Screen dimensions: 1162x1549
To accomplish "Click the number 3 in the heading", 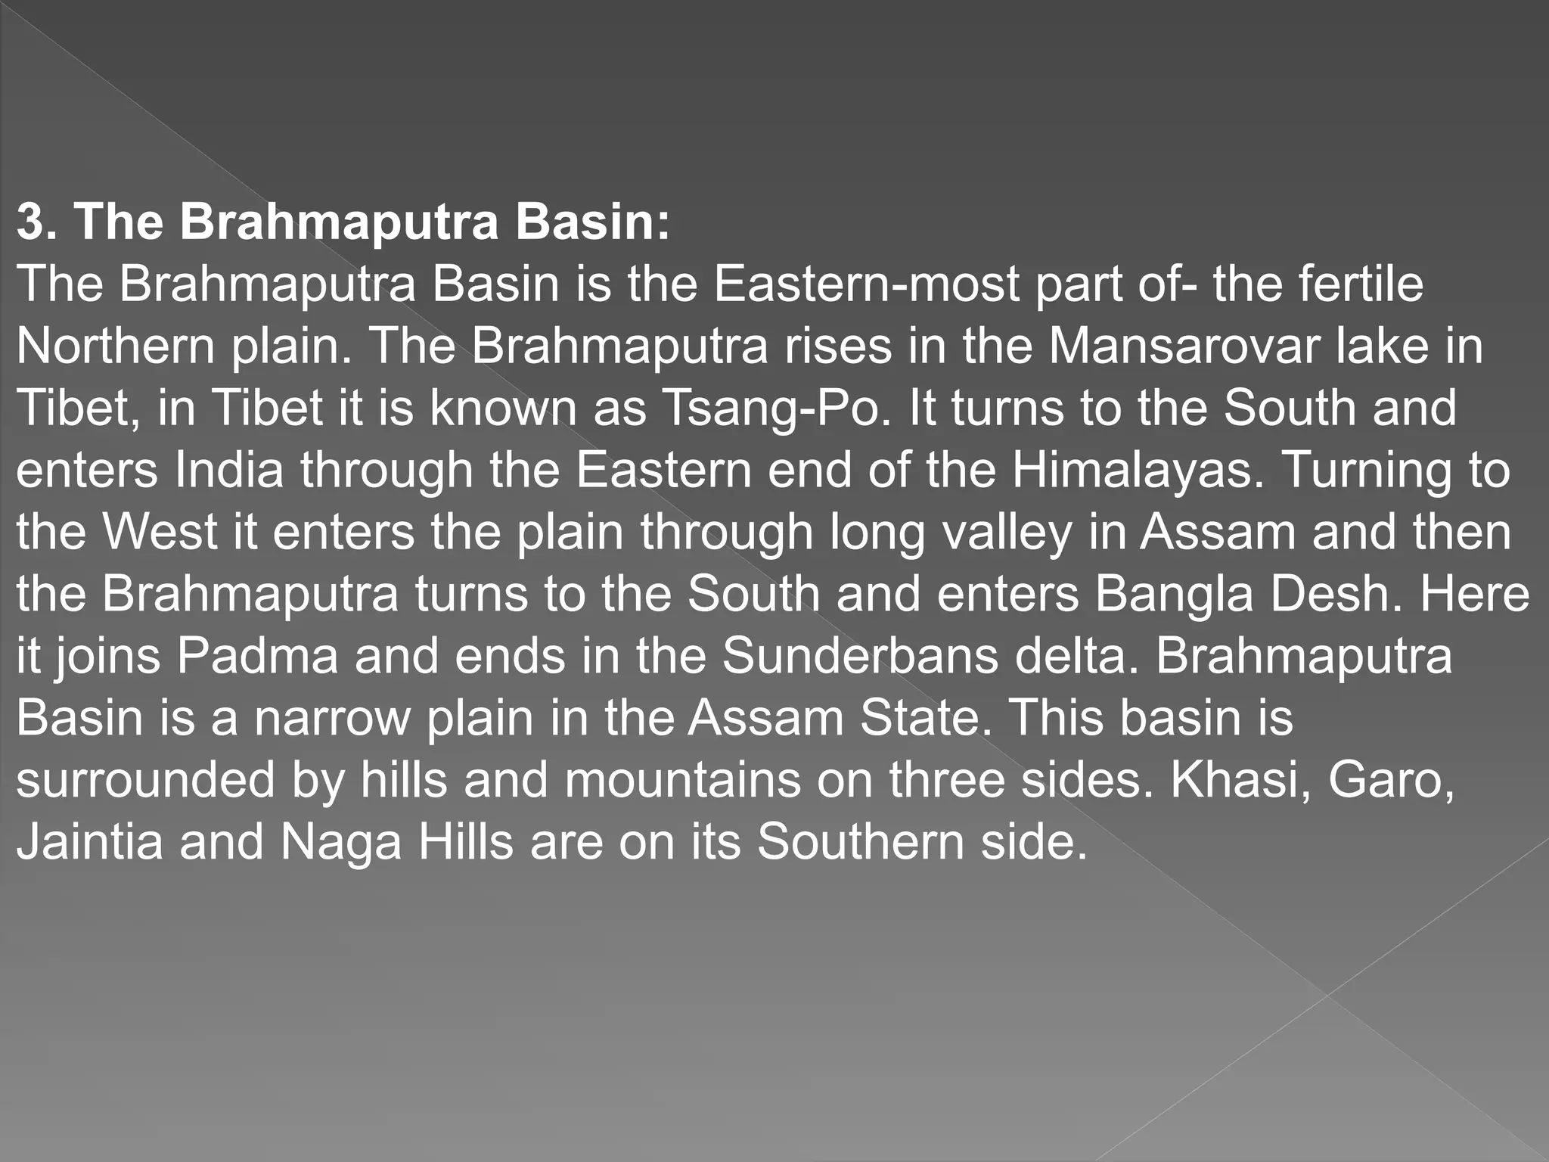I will (30, 222).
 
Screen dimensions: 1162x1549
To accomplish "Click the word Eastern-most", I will (866, 284).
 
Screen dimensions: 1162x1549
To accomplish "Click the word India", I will (229, 471).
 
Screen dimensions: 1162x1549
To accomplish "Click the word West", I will (160, 533).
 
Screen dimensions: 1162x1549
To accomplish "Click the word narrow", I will (331, 719).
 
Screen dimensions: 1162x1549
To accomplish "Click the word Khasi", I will (1234, 781).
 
